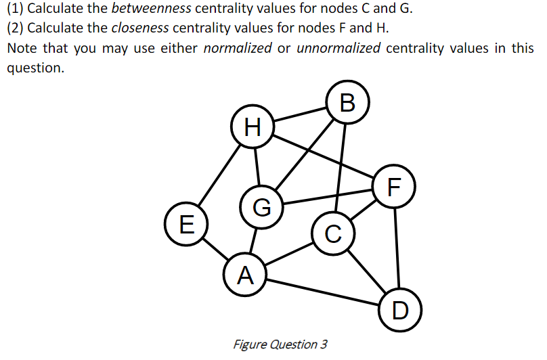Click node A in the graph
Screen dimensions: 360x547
click(x=245, y=274)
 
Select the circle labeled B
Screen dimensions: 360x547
click(x=347, y=102)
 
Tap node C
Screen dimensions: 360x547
click(x=332, y=233)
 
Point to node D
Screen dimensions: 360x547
click(x=399, y=310)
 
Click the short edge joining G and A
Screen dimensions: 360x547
click(x=253, y=240)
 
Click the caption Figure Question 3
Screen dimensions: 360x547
click(x=280, y=344)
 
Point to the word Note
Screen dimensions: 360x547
click(x=22, y=49)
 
